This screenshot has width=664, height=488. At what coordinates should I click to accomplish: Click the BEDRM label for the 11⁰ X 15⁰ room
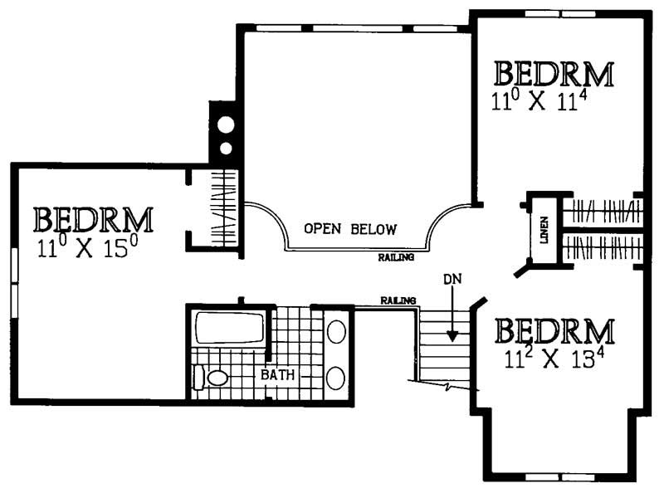point(93,221)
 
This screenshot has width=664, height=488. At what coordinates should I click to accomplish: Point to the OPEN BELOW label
point(349,229)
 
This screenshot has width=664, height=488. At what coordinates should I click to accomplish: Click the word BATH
point(278,375)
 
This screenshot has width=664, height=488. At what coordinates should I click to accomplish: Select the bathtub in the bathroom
point(228,328)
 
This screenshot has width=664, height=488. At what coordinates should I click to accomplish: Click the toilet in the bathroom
point(213,378)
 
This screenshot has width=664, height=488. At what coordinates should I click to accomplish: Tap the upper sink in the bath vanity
point(336,332)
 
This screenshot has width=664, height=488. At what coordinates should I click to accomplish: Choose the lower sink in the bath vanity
point(336,378)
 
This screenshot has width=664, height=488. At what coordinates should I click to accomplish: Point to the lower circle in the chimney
point(225,149)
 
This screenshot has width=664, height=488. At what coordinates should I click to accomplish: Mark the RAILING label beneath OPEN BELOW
point(395,258)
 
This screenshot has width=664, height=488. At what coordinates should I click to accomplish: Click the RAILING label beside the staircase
point(398,300)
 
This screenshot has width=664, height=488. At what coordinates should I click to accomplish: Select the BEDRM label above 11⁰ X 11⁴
point(554,75)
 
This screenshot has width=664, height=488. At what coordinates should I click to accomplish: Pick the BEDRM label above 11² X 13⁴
point(554,332)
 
